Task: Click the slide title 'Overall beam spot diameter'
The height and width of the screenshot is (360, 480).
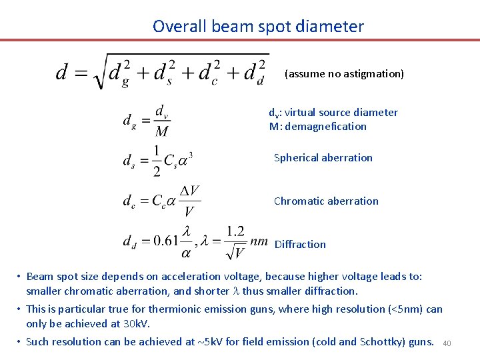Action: coord(258,27)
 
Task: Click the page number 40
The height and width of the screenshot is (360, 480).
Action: coord(447,343)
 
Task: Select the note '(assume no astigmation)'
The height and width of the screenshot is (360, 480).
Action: coord(344,74)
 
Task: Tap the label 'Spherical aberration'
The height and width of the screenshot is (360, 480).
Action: coord(323,158)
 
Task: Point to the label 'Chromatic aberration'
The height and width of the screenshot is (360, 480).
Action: coord(326,201)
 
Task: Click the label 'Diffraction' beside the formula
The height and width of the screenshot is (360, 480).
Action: coord(300,245)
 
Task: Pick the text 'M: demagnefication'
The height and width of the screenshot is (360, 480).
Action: coord(317,127)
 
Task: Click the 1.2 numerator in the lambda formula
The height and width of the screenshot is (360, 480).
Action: coord(235,231)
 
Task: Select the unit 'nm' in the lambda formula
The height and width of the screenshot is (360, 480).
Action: coord(259,240)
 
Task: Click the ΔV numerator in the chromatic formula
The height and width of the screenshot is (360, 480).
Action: coord(190,191)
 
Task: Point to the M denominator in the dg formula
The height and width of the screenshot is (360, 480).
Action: coord(161,131)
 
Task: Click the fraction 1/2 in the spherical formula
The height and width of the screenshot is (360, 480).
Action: coord(157,161)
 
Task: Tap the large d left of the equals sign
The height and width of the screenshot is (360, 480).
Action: coord(63,71)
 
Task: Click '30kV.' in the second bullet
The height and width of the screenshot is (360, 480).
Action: coord(137,324)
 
